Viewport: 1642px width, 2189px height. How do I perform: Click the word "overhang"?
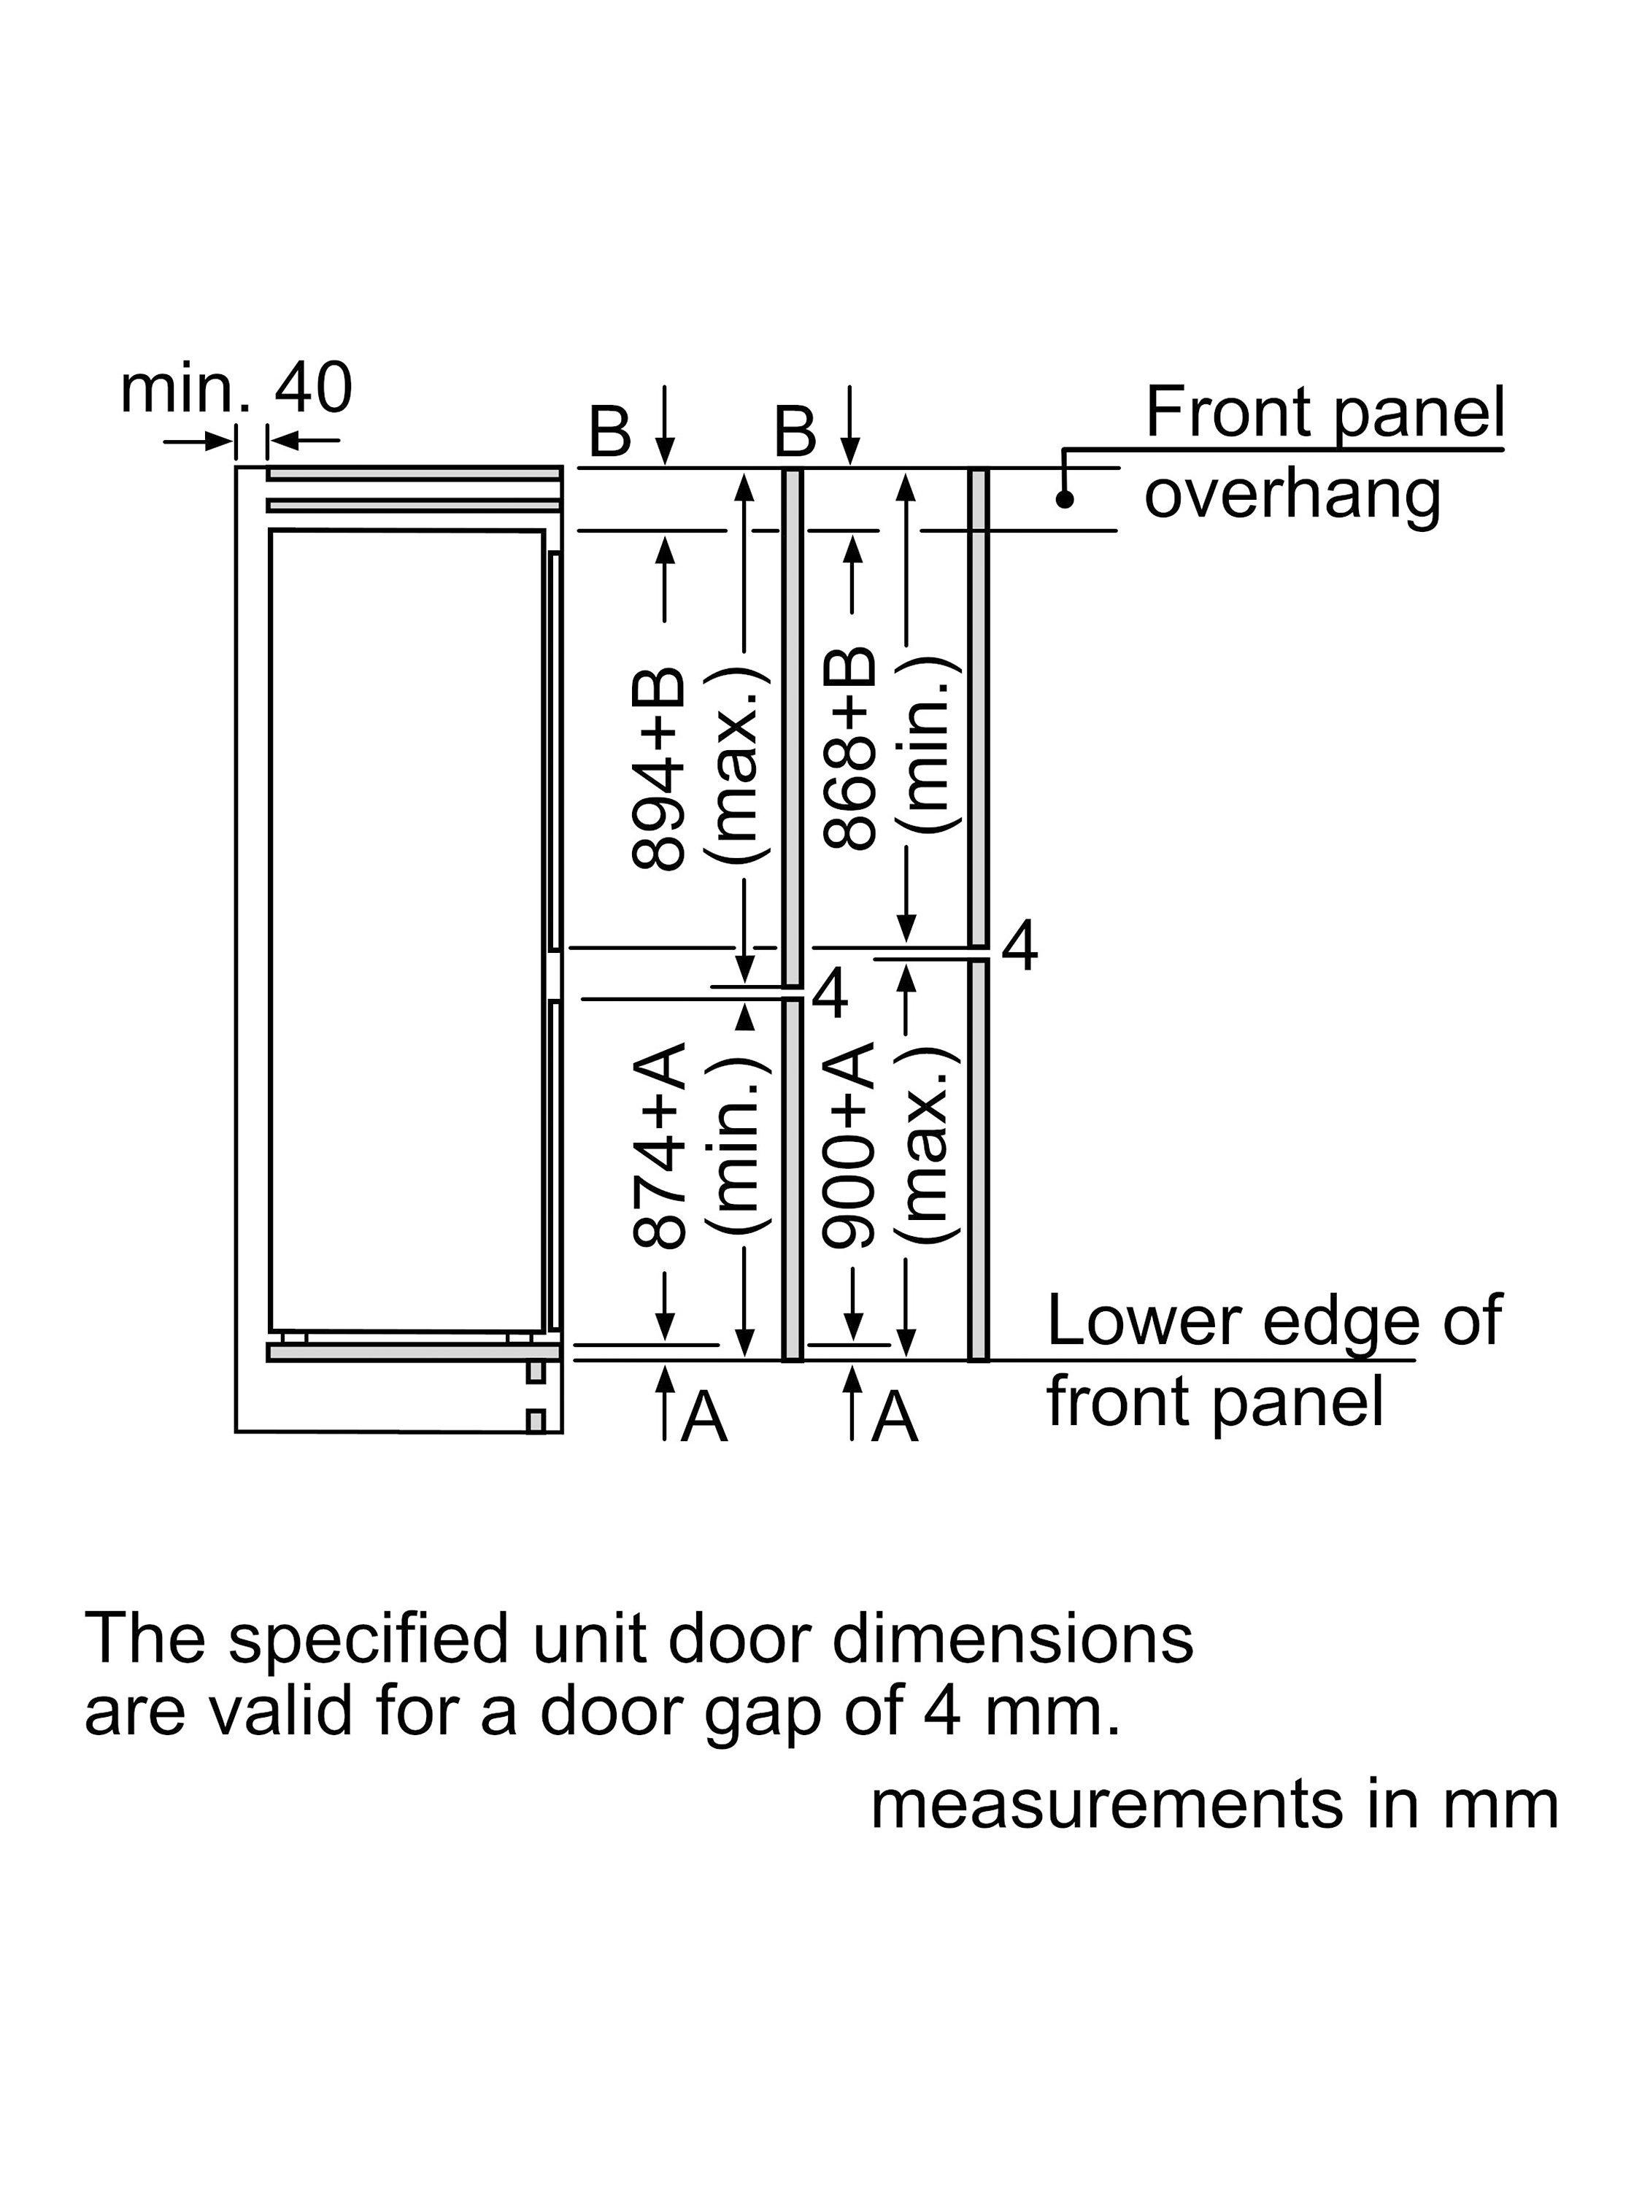(1292, 494)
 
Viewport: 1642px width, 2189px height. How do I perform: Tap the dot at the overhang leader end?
(1064, 500)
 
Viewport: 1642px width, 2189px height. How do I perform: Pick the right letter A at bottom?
(895, 1417)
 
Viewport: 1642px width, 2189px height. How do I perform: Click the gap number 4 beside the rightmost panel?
(1019, 947)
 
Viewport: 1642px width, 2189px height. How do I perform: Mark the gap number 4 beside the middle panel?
(830, 994)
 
